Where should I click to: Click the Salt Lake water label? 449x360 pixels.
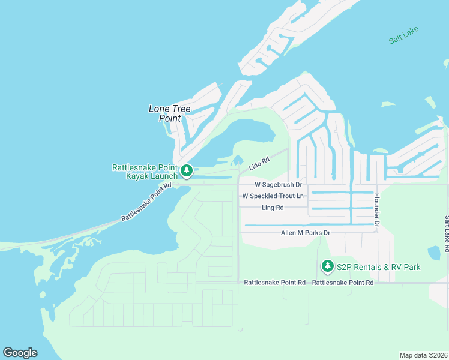403,35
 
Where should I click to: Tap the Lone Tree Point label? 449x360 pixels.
169,113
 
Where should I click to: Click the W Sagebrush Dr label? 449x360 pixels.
278,185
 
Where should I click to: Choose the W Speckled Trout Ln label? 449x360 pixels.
273,196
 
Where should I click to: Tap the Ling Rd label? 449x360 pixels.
273,208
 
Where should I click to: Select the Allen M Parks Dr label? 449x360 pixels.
306,232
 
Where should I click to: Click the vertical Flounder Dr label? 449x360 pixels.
377,210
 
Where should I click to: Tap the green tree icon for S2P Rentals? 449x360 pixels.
327,265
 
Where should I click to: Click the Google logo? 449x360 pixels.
20,353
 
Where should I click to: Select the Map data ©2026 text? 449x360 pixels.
423,355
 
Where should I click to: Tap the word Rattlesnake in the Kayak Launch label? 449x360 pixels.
135,167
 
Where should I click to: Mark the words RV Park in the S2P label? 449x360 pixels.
406,267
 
